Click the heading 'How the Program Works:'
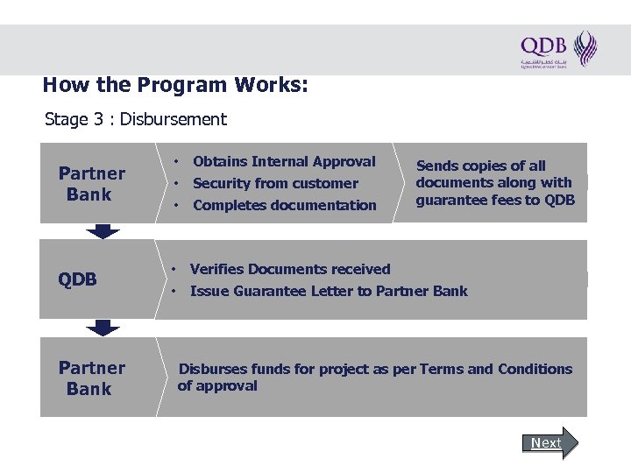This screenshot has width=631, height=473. click(174, 86)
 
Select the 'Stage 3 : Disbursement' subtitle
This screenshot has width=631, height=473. click(136, 119)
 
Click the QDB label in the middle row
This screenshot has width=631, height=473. click(77, 279)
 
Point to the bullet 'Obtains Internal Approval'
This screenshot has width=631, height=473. click(283, 161)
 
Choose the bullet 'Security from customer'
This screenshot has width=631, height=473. click(275, 183)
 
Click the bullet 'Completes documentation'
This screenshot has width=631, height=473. click(284, 205)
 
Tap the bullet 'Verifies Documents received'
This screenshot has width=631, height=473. click(290, 269)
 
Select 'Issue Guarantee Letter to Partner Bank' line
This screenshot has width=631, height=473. click(329, 291)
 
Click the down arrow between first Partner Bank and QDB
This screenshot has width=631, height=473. click(103, 231)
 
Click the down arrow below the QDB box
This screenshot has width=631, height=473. click(103, 328)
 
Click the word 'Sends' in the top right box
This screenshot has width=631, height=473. click(436, 166)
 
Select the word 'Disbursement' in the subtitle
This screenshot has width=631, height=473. click(174, 119)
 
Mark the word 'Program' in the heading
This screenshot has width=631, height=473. click(181, 86)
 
